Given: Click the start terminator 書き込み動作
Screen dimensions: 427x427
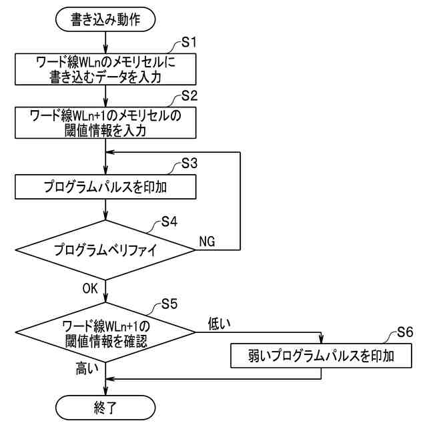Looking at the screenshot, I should coord(106,20).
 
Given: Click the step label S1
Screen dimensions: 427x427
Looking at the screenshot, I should coord(190,43).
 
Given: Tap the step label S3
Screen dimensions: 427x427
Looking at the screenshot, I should coord(190,163).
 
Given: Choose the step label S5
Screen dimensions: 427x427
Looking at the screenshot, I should coord(169,305).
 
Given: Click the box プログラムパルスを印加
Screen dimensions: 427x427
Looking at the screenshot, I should coord(106,187).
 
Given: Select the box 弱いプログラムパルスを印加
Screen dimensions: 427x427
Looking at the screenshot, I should coord(322,355).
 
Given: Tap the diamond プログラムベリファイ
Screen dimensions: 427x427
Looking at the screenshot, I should coord(106,250).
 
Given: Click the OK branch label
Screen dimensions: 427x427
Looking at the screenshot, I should coord(91,288).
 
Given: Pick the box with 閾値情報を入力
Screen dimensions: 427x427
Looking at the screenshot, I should coord(106,122).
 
